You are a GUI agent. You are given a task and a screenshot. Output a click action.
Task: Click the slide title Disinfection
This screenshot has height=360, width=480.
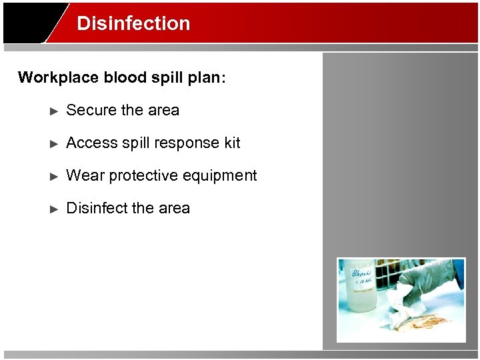point(133,23)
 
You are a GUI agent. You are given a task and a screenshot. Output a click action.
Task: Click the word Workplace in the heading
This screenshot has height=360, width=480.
point(58,77)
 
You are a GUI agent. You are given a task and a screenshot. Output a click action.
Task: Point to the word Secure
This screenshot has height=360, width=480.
point(91,110)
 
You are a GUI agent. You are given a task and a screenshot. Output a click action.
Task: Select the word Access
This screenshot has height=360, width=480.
point(91,143)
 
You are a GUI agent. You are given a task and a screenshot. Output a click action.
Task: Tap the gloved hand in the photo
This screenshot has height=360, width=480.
point(427,283)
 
